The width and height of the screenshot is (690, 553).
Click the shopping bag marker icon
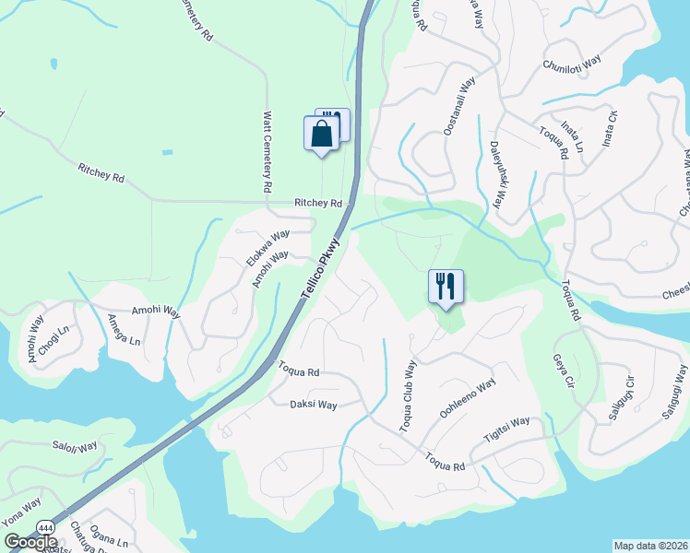pos(320,135)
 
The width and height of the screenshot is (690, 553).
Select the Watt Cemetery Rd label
pos(267,152)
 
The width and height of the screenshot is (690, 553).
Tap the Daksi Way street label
pos(314,404)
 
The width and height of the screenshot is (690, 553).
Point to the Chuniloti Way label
pos(572,63)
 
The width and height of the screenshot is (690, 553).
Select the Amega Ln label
pos(124,329)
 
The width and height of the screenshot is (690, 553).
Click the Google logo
pos(30,542)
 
